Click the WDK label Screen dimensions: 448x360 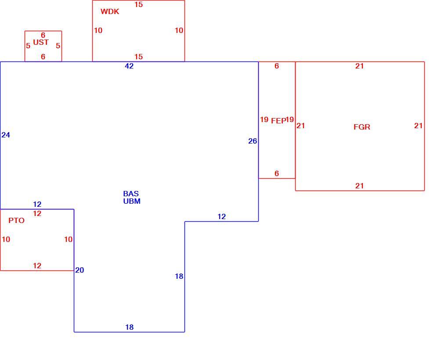pyautogui.click(x=110, y=12)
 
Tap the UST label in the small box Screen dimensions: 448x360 pyautogui.click(x=41, y=42)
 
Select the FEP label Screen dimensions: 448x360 pyautogui.click(x=278, y=121)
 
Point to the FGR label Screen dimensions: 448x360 pyautogui.click(x=362, y=127)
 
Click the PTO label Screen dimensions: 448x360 pyautogui.click(x=16, y=220)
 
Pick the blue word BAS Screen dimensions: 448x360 pyautogui.click(x=131, y=194)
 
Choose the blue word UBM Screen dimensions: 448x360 pyautogui.click(x=132, y=201)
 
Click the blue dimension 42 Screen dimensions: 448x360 pyautogui.click(x=129, y=66)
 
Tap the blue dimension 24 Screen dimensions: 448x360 pyautogui.click(x=6, y=135)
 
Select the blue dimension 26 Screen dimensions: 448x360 pyautogui.click(x=253, y=141)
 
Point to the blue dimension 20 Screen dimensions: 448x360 pyautogui.click(x=79, y=270)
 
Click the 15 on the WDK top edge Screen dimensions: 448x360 pyautogui.click(x=138, y=4)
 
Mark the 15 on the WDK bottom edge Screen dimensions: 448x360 pyautogui.click(x=138, y=57)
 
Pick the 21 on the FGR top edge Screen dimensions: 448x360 pyautogui.click(x=359, y=66)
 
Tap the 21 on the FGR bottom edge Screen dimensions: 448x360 pyautogui.click(x=359, y=186)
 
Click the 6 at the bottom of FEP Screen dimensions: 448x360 pyautogui.click(x=277, y=173)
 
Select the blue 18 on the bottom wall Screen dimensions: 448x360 pyautogui.click(x=130, y=327)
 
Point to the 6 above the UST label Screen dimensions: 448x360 pyautogui.click(x=43, y=35)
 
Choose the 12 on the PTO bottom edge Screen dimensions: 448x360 pyautogui.click(x=37, y=266)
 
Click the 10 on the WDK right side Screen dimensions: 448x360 pyautogui.click(x=179, y=31)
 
